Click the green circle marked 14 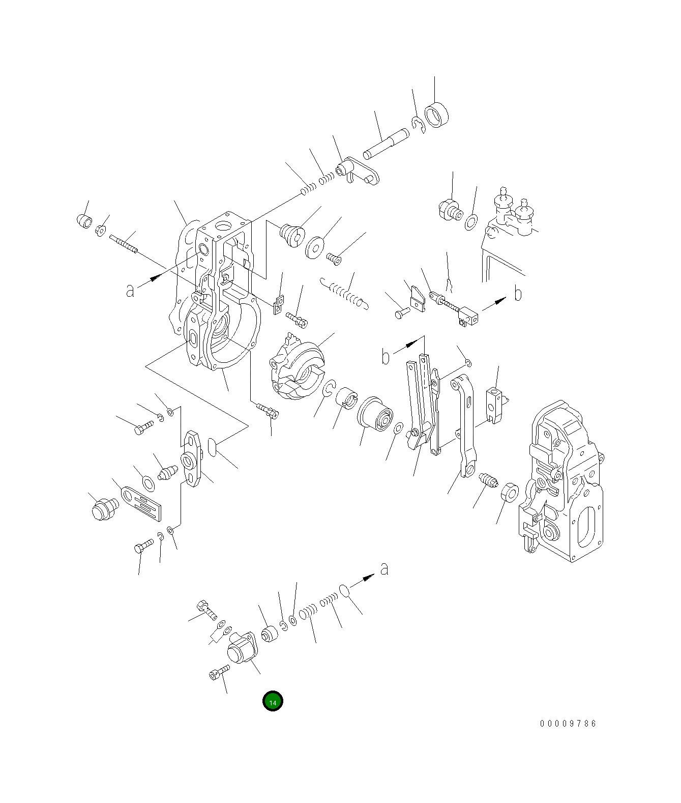click(x=273, y=701)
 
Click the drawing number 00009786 click(x=568, y=723)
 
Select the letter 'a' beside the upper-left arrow click(x=131, y=291)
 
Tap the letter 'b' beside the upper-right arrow click(x=518, y=294)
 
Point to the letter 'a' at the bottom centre click(x=384, y=568)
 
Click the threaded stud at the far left click(x=124, y=243)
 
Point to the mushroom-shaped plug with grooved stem click(x=292, y=235)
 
